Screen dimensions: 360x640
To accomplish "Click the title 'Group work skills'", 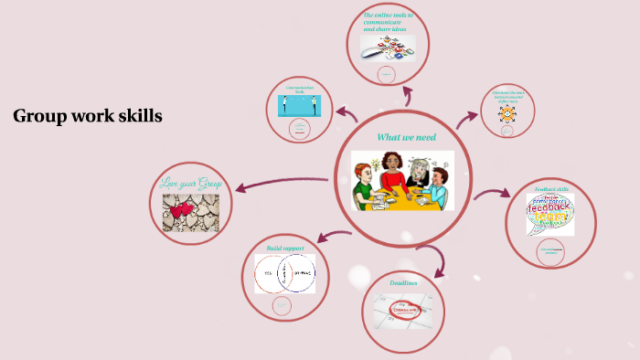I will point(88,116).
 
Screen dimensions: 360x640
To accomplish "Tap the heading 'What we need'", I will point(407,137).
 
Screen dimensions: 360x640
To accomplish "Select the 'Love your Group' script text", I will point(190,181).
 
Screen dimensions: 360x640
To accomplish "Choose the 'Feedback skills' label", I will point(550,190).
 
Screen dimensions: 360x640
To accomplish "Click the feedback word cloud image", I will point(550,216).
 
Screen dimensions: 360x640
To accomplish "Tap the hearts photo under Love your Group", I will point(190,211).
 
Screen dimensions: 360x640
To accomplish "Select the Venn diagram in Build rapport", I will point(284,273).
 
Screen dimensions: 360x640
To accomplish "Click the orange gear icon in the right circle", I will point(507,114).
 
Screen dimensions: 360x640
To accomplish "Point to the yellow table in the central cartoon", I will point(402,196).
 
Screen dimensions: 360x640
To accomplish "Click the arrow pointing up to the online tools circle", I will point(407,96).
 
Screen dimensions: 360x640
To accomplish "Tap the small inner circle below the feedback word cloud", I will point(551,251).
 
